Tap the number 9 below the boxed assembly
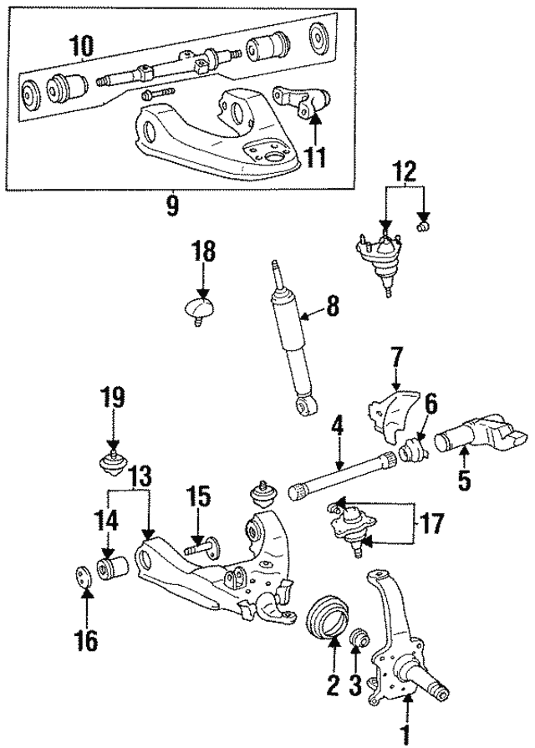[171, 206]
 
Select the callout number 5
[465, 480]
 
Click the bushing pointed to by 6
[413, 452]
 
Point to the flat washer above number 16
[84, 578]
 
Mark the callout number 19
[113, 397]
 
